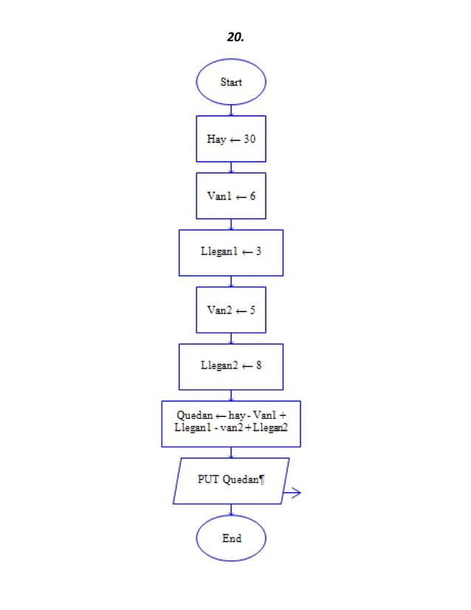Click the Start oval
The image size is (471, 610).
(231, 82)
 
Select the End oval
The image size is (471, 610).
(231, 538)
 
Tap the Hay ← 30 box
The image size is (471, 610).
(231, 139)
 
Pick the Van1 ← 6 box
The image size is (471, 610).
(231, 196)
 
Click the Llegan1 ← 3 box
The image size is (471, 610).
(231, 253)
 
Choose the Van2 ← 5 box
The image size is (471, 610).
(231, 309)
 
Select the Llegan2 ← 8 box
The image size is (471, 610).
(231, 366)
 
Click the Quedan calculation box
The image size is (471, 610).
(231, 423)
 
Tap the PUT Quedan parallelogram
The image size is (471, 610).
(231, 481)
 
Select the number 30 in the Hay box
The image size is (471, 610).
(250, 139)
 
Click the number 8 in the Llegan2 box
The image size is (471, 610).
(258, 366)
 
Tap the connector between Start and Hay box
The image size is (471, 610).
(231, 109)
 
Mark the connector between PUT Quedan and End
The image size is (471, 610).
(231, 510)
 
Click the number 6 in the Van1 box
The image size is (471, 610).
(252, 196)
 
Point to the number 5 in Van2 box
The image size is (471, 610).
(252, 309)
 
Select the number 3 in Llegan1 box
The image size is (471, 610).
(258, 253)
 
